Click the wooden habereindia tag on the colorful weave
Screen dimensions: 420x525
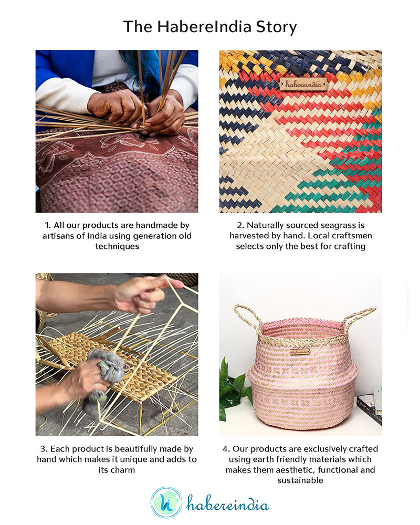coord(303,83)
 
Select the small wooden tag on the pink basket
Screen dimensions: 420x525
coord(300,352)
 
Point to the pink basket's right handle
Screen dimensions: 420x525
coord(359,318)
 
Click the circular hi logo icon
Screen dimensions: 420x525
coord(166,503)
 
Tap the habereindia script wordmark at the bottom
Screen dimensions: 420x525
coord(228,504)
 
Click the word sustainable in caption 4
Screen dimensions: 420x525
coord(300,480)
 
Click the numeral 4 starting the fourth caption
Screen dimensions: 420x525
coord(225,449)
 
